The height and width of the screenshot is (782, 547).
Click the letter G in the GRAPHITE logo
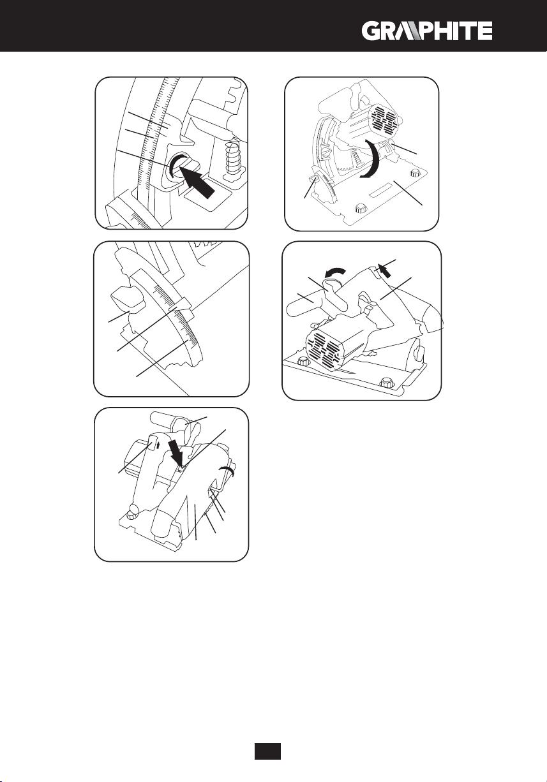[371, 31]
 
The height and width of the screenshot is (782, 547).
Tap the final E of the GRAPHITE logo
[485, 31]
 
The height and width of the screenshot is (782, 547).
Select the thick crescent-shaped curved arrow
[372, 158]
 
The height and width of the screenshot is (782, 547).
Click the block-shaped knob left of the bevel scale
[128, 299]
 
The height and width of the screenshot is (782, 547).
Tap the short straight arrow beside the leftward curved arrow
[385, 270]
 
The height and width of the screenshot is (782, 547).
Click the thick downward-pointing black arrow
[176, 452]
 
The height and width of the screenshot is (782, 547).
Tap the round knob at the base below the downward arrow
[133, 515]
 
